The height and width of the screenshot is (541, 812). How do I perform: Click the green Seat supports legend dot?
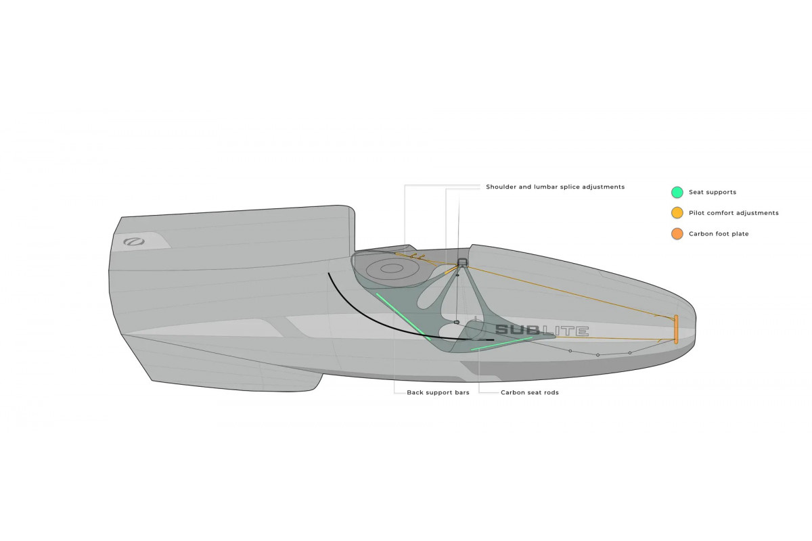[677, 192]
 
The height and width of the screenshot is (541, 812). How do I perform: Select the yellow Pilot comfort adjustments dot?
[677, 213]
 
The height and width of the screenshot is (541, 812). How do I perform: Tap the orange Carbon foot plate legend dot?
[677, 234]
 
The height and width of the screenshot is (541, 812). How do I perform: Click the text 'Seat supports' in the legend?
[713, 192]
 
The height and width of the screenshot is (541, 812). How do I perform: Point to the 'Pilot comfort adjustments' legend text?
[734, 213]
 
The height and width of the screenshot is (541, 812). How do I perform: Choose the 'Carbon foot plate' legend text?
[719, 234]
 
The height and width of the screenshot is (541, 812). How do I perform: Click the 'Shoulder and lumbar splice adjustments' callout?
[555, 187]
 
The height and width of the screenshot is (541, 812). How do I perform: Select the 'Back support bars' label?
[438, 392]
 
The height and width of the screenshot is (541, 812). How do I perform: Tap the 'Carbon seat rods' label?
[530, 392]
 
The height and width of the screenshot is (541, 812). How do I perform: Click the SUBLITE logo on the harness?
[541, 330]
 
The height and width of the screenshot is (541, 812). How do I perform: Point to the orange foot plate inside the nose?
[676, 329]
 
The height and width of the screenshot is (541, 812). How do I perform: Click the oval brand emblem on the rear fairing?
[134, 241]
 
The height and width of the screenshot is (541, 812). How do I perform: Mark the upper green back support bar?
[403, 316]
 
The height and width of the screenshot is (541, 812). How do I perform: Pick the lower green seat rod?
[501, 344]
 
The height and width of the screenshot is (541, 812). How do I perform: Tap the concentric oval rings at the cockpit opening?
[392, 269]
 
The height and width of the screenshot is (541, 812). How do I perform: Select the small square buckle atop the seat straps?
[461, 262]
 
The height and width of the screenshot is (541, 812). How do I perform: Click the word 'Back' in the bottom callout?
[414, 392]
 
